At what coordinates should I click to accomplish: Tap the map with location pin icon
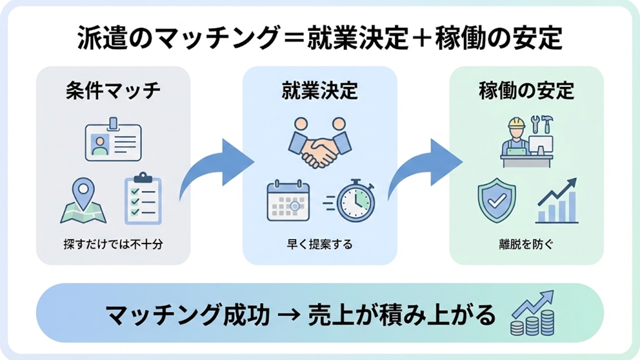pyautogui.click(x=83, y=202)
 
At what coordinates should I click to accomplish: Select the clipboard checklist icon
pyautogui.click(x=142, y=198)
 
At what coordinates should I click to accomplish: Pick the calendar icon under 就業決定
pyautogui.click(x=288, y=201)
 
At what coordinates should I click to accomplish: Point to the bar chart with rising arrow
pyautogui.click(x=557, y=201)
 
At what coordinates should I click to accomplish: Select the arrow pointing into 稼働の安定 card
pyautogui.click(x=425, y=170)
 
